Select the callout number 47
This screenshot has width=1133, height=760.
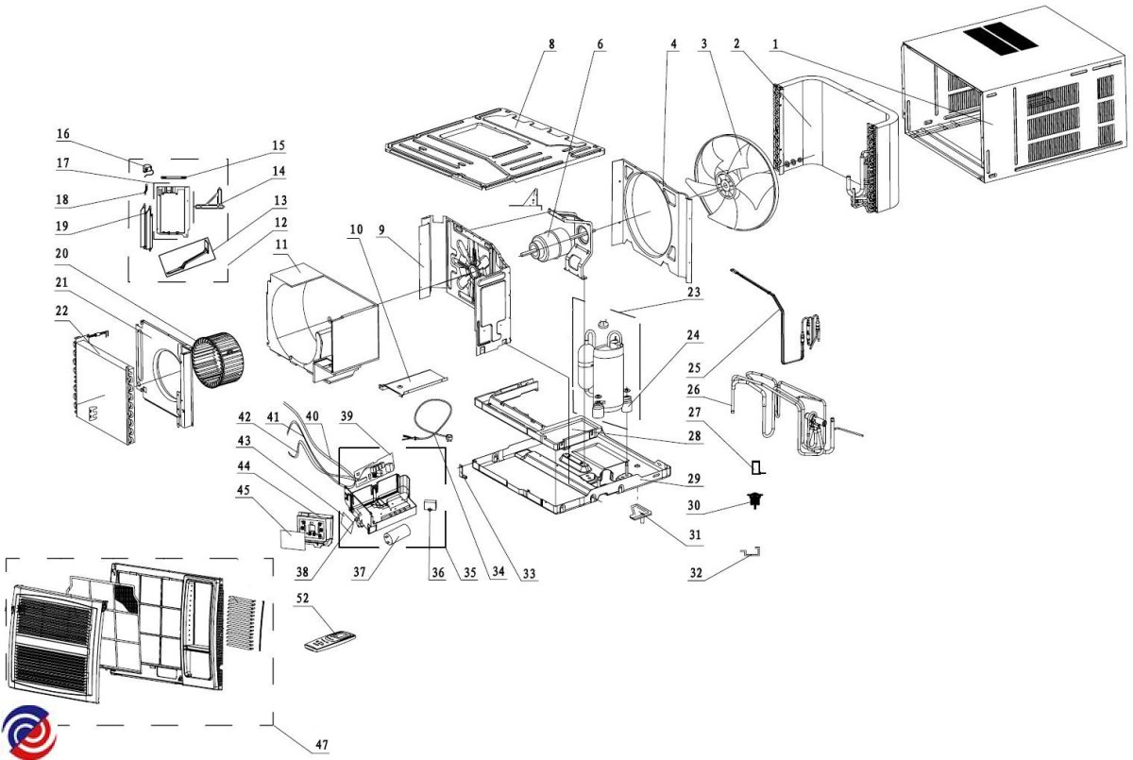click(323, 746)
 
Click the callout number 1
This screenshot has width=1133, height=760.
click(774, 43)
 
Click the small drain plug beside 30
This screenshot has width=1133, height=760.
click(754, 501)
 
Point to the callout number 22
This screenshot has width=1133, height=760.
click(63, 312)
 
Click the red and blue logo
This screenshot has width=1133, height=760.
click(28, 732)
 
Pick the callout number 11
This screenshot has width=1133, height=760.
click(280, 245)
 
